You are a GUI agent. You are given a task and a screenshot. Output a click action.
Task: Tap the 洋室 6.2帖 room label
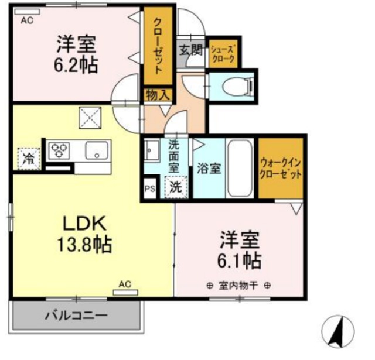click(x=77, y=53)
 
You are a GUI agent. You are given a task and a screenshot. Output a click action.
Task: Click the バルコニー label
click(x=77, y=316)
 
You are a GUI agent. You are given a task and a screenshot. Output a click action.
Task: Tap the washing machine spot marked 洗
click(x=175, y=188)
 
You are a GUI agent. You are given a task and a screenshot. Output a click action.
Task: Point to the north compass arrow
click(x=339, y=331)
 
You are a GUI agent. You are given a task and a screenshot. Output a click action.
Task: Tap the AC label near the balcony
click(x=125, y=284)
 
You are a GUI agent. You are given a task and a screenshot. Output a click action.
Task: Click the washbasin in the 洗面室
click(x=151, y=152)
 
